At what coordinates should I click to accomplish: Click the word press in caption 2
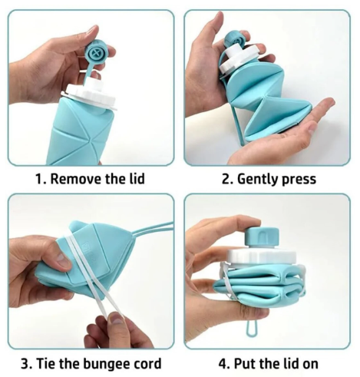coord(299,180)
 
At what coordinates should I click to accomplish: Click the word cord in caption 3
coord(149,363)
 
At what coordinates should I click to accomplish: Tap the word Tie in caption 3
coord(45,363)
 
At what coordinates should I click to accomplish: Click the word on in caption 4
coord(309,365)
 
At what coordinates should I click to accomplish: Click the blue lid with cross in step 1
coord(96,54)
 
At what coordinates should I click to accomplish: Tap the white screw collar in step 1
coord(91,94)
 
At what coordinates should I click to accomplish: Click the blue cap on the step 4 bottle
coord(262,235)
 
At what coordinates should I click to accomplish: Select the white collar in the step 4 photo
coord(262,256)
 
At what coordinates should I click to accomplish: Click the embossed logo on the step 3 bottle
coord(87,247)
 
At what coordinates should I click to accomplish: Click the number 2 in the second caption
coord(226,179)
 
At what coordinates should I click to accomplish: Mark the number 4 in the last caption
coord(222,363)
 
